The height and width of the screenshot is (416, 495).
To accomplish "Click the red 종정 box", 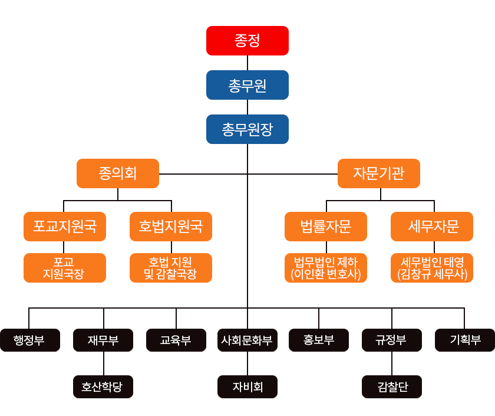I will [x=247, y=41].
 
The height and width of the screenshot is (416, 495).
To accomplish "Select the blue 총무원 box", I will [x=247, y=85].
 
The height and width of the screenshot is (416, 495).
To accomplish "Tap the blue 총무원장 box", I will [x=247, y=129].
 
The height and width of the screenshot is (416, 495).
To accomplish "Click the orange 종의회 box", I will [x=118, y=173].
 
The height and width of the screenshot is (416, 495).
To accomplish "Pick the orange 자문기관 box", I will [x=379, y=173].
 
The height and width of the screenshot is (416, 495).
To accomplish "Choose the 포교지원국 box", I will [x=65, y=227].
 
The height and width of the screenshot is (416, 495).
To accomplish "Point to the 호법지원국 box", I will [x=171, y=227].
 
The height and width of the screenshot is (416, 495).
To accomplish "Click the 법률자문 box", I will [x=326, y=227].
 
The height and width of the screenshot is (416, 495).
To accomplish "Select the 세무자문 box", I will [x=432, y=227].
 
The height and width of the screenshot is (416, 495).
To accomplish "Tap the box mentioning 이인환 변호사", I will [x=326, y=267].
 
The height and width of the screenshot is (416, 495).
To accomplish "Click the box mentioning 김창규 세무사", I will [x=432, y=267].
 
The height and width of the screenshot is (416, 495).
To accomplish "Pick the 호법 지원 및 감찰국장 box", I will [x=171, y=267].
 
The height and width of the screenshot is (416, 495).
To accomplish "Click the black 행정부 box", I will [x=29, y=340].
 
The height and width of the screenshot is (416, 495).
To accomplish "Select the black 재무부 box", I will [x=103, y=340].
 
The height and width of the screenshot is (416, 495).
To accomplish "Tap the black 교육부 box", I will [x=176, y=340].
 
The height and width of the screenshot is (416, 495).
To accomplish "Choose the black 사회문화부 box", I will [x=247, y=340].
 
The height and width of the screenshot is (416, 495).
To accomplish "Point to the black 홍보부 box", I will [x=319, y=340].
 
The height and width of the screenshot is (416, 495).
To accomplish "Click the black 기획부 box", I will [x=464, y=340].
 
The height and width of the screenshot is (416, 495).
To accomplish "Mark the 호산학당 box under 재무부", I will [x=103, y=386].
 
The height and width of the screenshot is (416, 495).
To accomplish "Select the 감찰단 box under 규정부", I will [x=392, y=386].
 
